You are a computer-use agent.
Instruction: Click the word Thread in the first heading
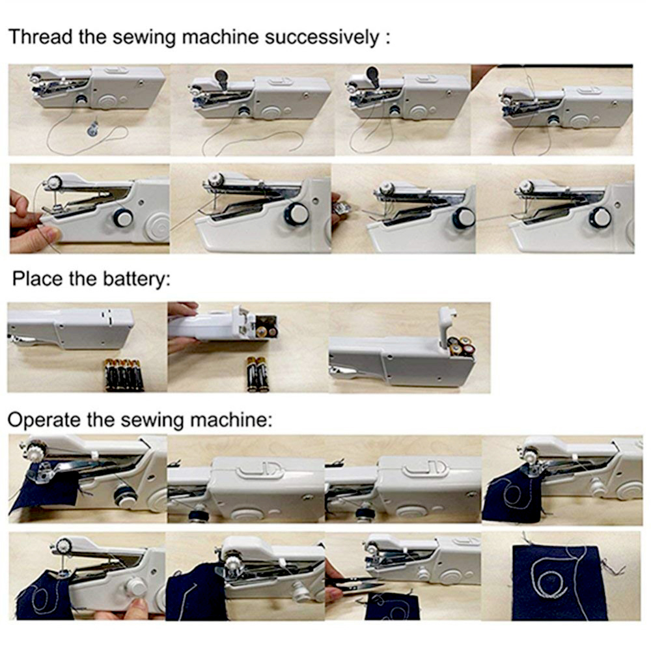click(x=40, y=36)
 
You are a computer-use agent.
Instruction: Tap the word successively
click(x=322, y=37)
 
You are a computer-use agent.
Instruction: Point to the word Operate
click(x=44, y=420)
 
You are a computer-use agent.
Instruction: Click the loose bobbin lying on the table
click(x=93, y=129)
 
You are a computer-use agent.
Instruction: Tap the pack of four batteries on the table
click(x=124, y=375)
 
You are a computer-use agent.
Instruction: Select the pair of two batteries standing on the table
click(x=258, y=374)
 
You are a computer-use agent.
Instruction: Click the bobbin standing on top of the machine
click(x=221, y=77)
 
